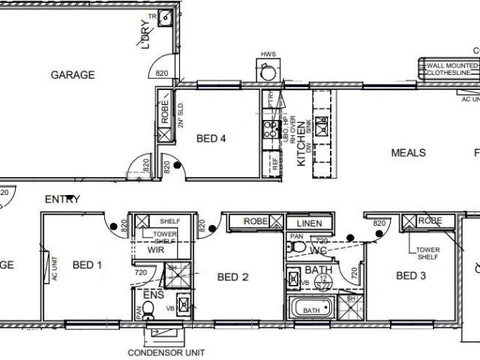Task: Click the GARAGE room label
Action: pos(72,75)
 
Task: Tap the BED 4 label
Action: pos(211,139)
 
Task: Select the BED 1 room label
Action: pos(88,265)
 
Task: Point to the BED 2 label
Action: pos(232,277)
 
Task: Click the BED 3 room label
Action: pos(411,276)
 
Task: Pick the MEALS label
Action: pos(408,153)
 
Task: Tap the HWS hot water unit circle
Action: pos(267,72)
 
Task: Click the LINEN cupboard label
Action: pos(309,223)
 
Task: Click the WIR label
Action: pos(155,250)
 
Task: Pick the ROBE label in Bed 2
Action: pos(256,222)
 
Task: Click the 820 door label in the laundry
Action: pos(162,73)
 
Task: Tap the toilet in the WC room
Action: pos(297,246)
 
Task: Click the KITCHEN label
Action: pos(301,145)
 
